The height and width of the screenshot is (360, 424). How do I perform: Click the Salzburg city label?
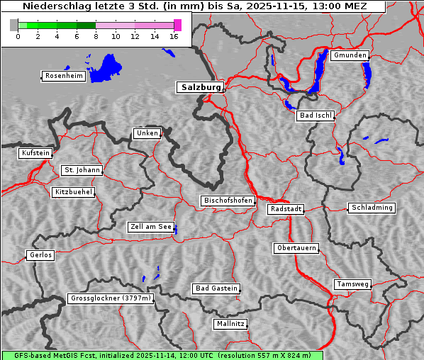point(199,87)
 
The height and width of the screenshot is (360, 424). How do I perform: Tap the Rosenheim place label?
point(63,76)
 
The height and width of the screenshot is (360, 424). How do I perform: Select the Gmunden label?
point(350,55)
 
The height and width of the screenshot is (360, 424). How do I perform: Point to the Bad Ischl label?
point(315,116)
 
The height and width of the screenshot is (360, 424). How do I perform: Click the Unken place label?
point(147,133)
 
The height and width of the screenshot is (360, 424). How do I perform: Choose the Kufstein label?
point(35,153)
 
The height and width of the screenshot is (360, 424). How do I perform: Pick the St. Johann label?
point(82,170)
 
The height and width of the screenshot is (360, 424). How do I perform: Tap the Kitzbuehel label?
point(73,192)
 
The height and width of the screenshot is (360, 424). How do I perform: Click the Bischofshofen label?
point(228,201)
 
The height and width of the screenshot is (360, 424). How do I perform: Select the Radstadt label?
point(286,209)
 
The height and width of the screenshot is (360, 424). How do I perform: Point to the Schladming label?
point(372,208)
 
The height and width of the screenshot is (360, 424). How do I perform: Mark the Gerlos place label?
point(40,255)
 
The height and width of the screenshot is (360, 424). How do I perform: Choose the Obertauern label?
point(296,248)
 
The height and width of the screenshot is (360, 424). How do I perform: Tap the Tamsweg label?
point(352,284)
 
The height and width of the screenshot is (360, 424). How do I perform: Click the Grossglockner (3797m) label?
point(111,298)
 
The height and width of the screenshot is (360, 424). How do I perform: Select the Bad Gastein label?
point(216,288)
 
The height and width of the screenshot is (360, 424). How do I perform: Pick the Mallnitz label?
point(230,324)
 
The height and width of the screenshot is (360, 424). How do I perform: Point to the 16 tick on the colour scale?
point(174,35)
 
